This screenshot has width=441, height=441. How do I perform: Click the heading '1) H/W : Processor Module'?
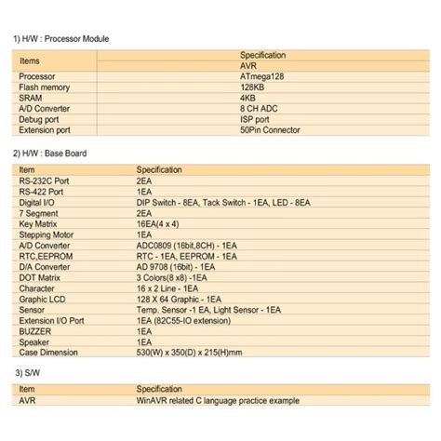tap(60, 39)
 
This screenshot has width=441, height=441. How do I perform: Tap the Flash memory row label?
tap(45, 87)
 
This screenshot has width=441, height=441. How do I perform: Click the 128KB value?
tap(254, 87)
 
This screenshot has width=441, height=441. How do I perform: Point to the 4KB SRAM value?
tap(247, 98)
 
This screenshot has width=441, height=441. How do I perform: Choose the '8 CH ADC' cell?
tap(259, 109)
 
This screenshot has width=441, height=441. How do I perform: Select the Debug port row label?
tap(40, 120)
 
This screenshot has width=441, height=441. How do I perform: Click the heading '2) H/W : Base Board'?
tap(53, 152)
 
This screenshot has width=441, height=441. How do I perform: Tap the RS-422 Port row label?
tap(42, 191)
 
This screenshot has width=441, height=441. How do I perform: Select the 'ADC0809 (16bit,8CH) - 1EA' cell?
tap(187, 246)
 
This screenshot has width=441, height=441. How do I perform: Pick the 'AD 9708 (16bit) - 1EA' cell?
tap(176, 267)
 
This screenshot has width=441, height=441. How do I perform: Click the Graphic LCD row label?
tap(42, 299)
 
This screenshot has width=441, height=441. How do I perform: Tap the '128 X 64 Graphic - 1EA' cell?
tap(180, 299)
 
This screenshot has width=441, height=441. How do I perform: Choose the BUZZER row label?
tap(35, 330)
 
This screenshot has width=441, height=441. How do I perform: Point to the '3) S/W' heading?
tap(28, 372)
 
